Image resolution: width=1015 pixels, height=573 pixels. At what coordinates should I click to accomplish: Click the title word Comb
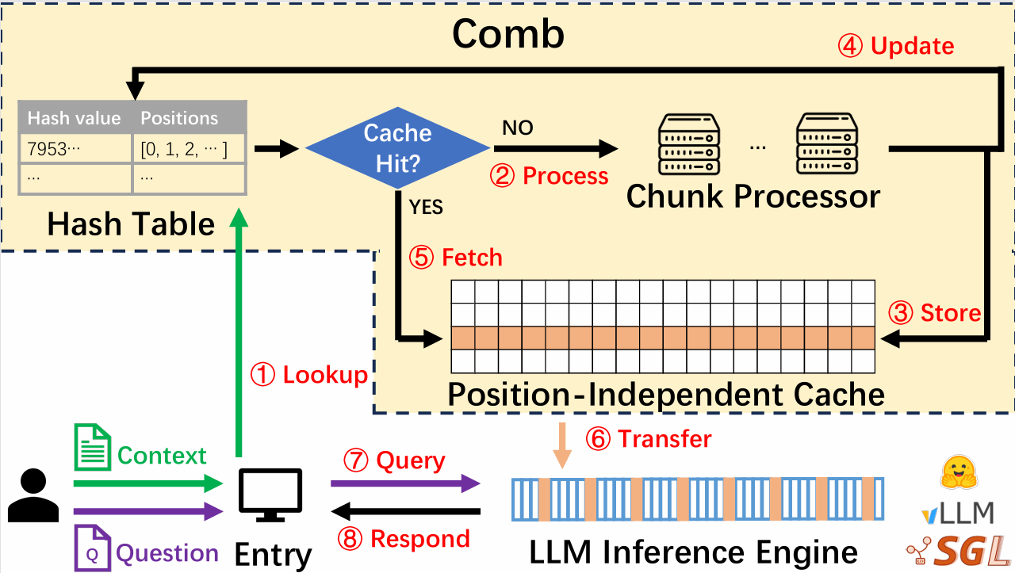[x=507, y=33]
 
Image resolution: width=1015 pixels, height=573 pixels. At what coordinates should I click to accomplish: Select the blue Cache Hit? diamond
[x=398, y=147]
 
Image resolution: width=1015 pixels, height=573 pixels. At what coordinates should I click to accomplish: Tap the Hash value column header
[x=75, y=118]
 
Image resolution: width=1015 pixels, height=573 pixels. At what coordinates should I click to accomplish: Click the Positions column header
[x=179, y=118]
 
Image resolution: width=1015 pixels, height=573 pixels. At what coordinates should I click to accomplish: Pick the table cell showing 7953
[x=75, y=149]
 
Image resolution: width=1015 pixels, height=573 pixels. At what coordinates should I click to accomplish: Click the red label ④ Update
[x=896, y=46]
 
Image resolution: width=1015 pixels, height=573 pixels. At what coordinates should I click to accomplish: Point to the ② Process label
[x=550, y=176]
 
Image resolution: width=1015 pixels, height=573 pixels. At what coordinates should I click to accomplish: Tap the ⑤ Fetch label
[x=456, y=258]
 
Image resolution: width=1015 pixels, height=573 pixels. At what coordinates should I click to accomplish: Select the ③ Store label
[x=936, y=313]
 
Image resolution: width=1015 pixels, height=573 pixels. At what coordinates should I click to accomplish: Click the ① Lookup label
[x=309, y=375]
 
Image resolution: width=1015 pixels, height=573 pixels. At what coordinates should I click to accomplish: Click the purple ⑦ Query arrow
[x=405, y=483]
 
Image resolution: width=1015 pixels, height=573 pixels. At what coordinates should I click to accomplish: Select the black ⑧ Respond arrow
[x=405, y=512]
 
